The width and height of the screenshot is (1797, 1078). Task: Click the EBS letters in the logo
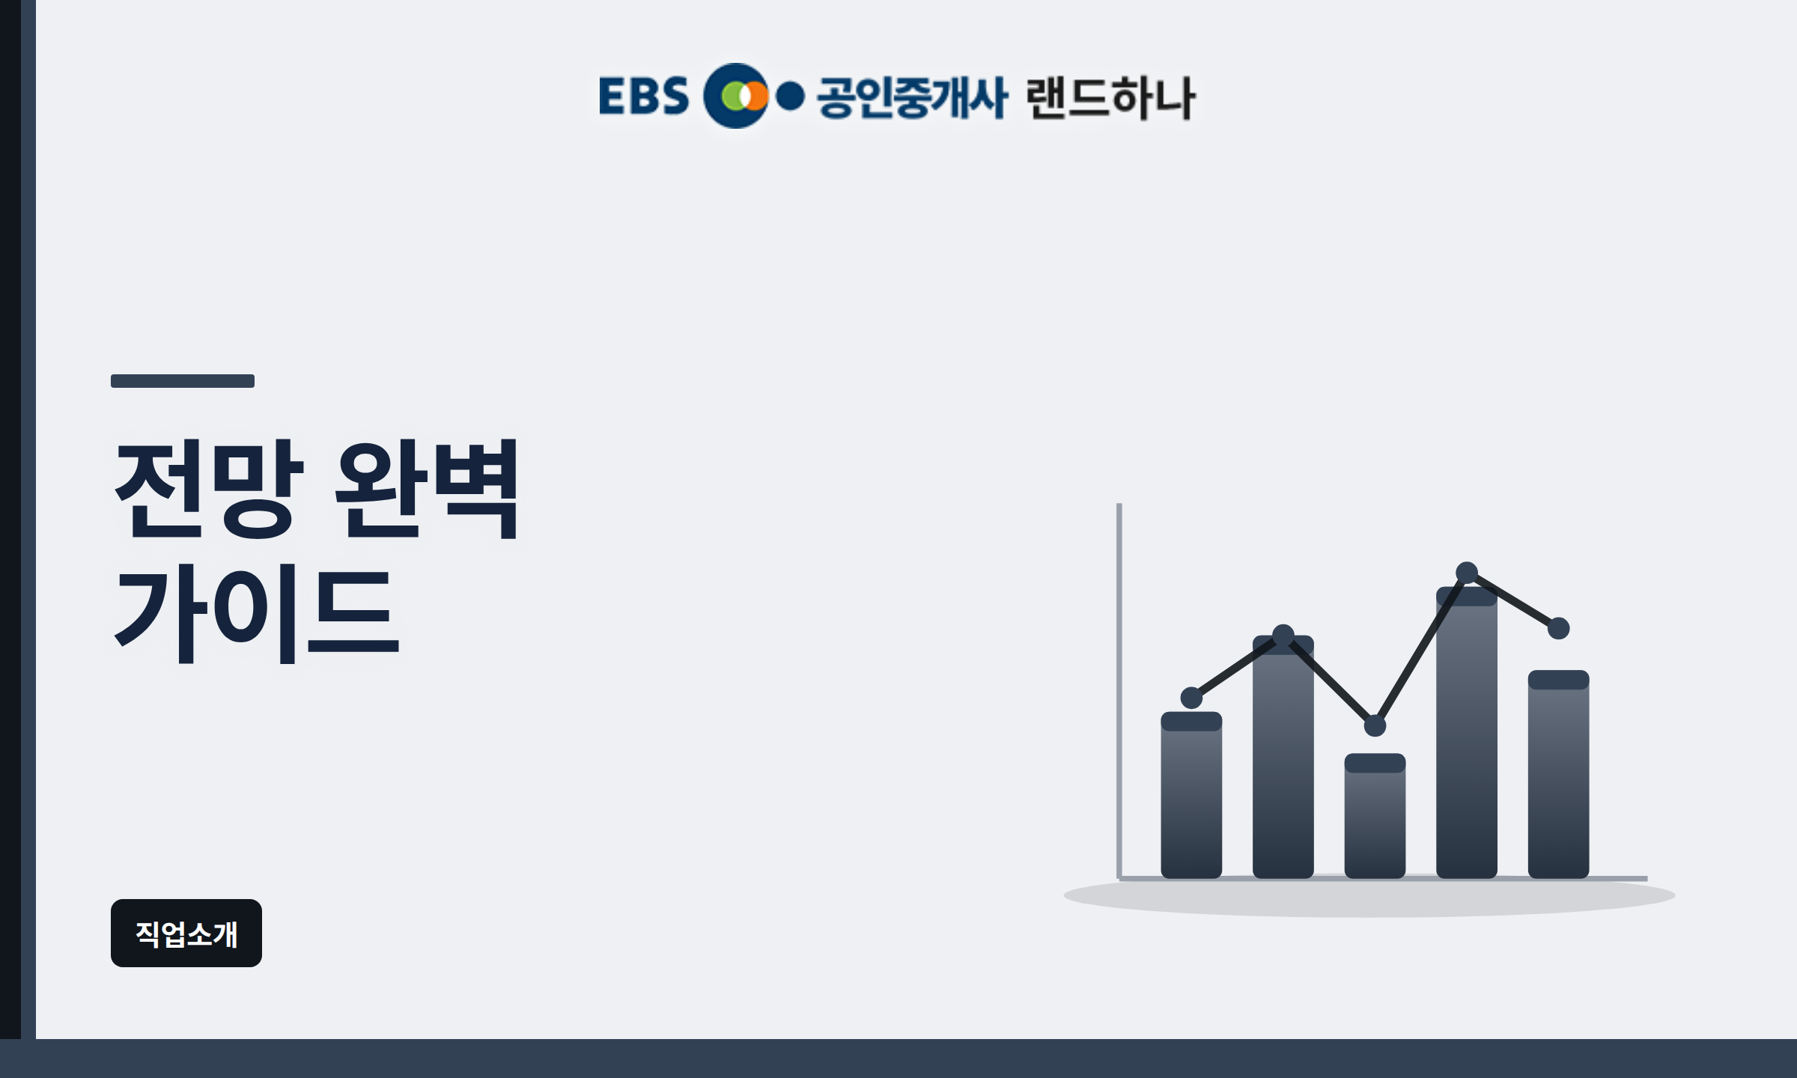pos(644,96)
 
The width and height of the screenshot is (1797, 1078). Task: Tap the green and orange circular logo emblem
pos(736,96)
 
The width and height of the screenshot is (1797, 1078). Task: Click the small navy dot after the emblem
pos(790,96)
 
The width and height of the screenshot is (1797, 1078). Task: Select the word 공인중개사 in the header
pos(912,97)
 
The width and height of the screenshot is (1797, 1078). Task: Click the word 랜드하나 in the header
pos(1111,97)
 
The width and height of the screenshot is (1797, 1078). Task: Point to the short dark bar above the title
pos(183,381)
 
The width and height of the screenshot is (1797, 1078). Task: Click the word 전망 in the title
pos(209,489)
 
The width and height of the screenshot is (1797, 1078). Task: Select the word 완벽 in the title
pos(427,489)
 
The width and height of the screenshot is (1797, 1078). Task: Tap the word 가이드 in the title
pos(257,615)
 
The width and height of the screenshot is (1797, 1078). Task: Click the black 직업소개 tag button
pos(186,934)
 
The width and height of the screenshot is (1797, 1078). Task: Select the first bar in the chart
pos(1191,795)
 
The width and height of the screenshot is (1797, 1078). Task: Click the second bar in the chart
pos(1283,757)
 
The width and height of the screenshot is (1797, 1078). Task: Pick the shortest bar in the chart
pos(1375,816)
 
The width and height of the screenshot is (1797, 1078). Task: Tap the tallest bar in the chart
pos(1467,732)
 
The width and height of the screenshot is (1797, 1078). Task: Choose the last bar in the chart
pos(1558,774)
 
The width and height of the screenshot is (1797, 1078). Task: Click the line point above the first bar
pos(1191,698)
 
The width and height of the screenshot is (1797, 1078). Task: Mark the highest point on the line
pos(1467,573)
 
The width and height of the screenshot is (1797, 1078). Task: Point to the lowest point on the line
pos(1375,725)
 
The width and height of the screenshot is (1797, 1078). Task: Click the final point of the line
pos(1558,628)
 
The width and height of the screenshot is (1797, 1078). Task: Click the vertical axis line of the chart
pos(1119,690)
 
